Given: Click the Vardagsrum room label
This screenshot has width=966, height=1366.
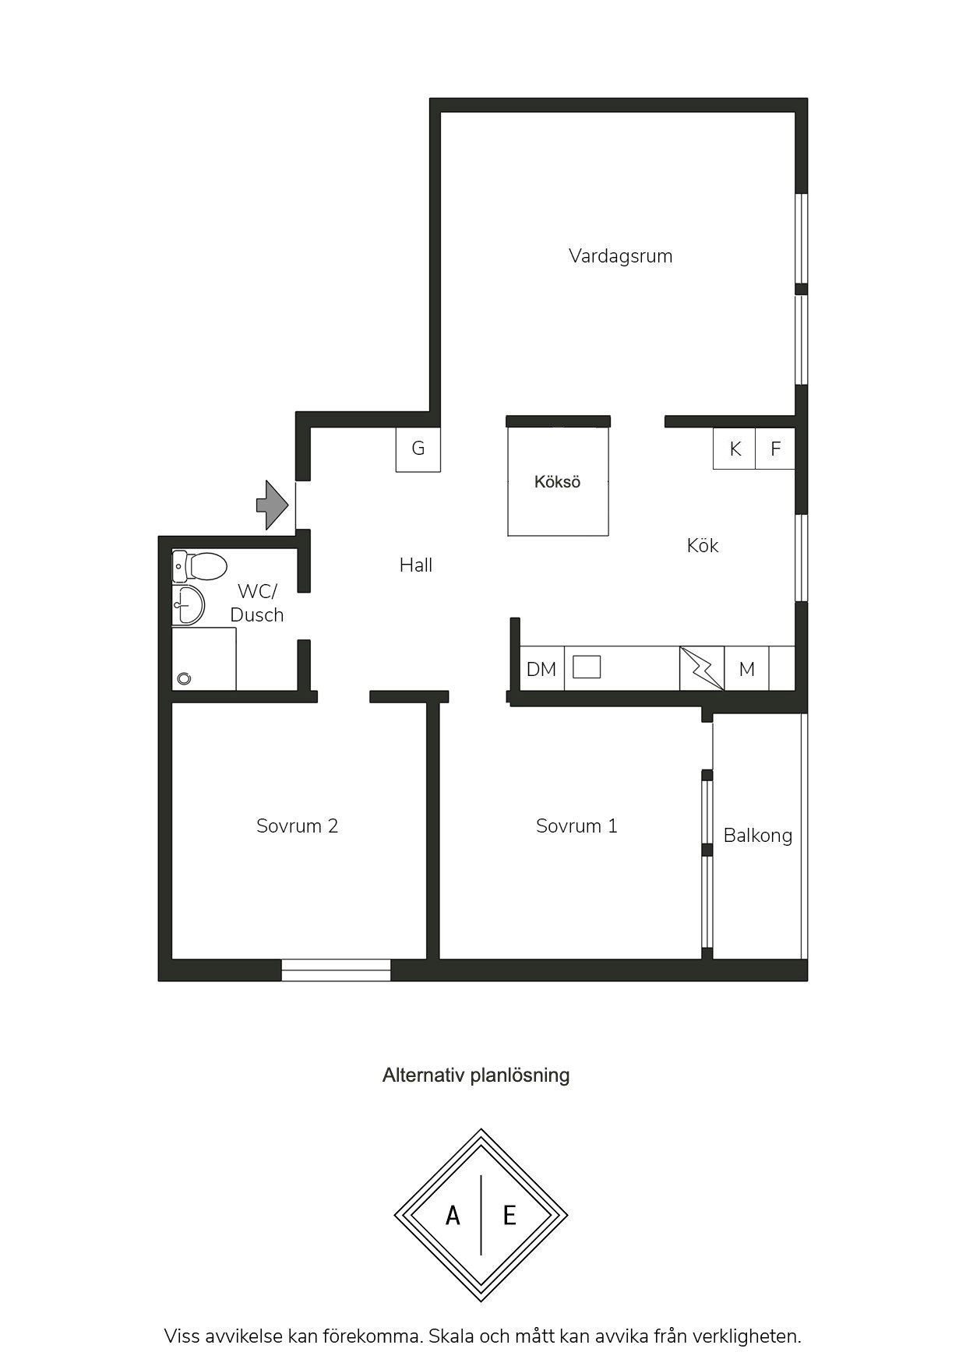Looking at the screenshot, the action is click(620, 256).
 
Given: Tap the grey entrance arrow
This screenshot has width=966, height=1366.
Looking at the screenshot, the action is click(273, 505).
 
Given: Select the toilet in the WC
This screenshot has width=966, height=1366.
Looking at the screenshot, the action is click(199, 566).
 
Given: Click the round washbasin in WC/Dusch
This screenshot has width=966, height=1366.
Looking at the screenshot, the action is click(189, 605).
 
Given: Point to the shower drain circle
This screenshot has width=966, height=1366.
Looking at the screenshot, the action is click(184, 678).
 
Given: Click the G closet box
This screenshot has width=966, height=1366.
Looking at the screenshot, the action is click(418, 449).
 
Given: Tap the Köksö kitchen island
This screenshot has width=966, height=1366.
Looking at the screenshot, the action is click(558, 481).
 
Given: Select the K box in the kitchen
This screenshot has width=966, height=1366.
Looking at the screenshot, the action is click(735, 449).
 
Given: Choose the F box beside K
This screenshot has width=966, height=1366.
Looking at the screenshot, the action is click(775, 449).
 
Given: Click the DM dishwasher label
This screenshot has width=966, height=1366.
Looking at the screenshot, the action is click(541, 669).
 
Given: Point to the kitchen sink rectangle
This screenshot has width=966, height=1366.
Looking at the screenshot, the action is click(587, 667).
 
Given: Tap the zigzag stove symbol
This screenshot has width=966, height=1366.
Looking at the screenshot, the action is click(702, 668).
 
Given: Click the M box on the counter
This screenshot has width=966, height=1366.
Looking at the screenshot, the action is click(747, 668).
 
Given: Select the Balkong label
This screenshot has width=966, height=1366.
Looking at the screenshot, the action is click(758, 836).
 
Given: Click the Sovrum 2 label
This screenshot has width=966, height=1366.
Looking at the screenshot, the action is click(298, 826).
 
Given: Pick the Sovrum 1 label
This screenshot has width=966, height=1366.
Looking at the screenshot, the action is click(577, 826).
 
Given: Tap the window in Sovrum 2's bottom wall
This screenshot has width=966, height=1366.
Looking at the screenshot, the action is click(336, 970).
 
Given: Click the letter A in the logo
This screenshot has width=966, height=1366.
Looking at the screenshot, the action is click(453, 1215).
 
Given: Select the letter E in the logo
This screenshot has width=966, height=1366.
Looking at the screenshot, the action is click(509, 1215).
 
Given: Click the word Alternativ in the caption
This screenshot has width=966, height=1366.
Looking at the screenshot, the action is click(421, 1076).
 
